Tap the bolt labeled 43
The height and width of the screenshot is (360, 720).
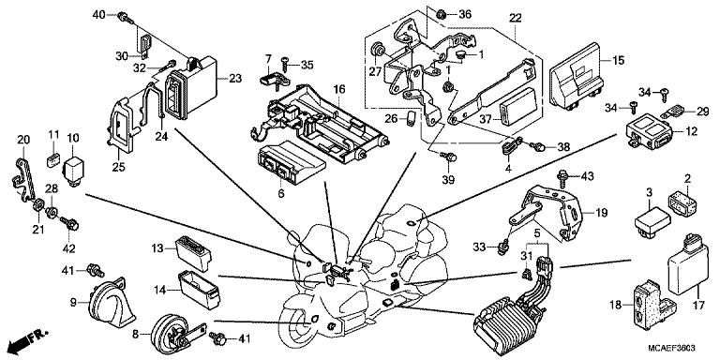pyautogui.click(x=562, y=176)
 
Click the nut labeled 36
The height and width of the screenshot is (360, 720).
pyautogui.click(x=442, y=14)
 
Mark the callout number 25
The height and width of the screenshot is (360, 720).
pyautogui.click(x=118, y=168)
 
